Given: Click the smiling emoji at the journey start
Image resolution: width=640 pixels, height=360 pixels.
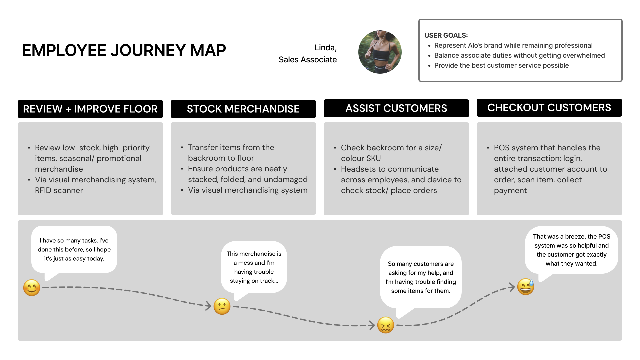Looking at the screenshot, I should tap(32, 288).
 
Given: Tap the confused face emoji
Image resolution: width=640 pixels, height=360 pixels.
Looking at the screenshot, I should tap(222, 306).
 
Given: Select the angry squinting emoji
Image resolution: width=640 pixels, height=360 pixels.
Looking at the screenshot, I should tap(386, 325).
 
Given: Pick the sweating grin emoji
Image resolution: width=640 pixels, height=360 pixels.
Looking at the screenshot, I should tap(526, 287).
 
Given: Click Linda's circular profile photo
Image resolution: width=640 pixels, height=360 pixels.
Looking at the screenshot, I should tap(380, 52).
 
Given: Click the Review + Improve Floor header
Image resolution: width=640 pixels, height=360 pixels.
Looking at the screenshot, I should tap(90, 109).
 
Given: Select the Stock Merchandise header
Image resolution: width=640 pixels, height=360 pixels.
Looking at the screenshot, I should tap(243, 109).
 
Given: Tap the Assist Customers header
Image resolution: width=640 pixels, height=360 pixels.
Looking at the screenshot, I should tap(396, 108).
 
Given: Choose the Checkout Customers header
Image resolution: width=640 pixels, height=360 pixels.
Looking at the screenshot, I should tap(549, 108).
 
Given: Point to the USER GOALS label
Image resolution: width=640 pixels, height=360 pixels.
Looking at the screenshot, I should tap(446, 35).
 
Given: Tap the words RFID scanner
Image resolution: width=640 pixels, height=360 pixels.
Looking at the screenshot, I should tap(59, 190).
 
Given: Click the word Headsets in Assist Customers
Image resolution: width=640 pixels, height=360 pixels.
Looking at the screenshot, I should tap(356, 169).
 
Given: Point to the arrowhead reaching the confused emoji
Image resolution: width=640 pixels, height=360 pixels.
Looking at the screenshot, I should tap(208, 306).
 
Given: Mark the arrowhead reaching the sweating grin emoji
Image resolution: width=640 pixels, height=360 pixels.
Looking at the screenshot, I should tap(512, 287).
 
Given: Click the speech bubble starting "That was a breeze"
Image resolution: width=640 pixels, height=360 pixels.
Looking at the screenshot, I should tap(571, 250).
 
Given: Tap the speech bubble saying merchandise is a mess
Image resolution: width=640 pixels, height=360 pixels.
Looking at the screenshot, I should tap(254, 267).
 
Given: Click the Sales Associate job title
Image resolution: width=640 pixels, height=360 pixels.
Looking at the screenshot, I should tap(308, 60).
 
